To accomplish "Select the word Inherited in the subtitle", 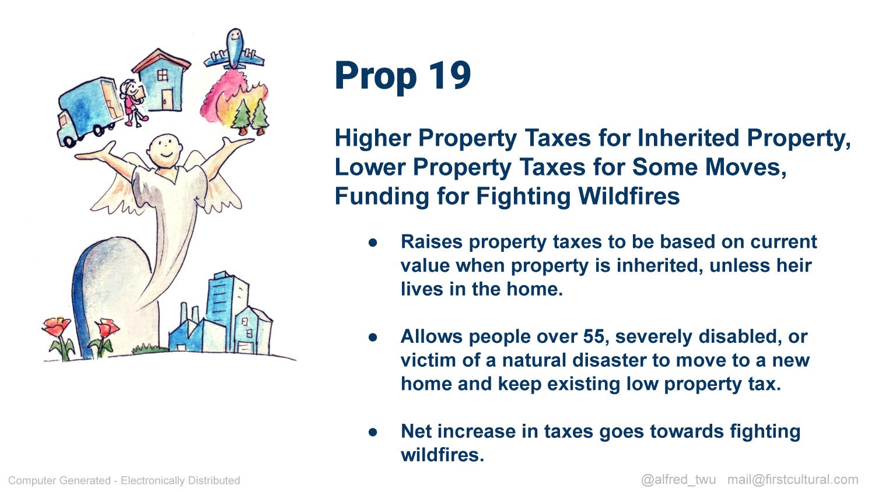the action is (x=688, y=138).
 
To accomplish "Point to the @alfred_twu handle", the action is (x=678, y=480).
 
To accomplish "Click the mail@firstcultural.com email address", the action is (x=793, y=479).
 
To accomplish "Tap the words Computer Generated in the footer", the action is (x=60, y=480).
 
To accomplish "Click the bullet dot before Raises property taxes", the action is (x=373, y=243).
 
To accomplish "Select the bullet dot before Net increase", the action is (x=373, y=433).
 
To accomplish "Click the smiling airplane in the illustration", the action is (x=234, y=50).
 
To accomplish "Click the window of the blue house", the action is (x=163, y=75).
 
